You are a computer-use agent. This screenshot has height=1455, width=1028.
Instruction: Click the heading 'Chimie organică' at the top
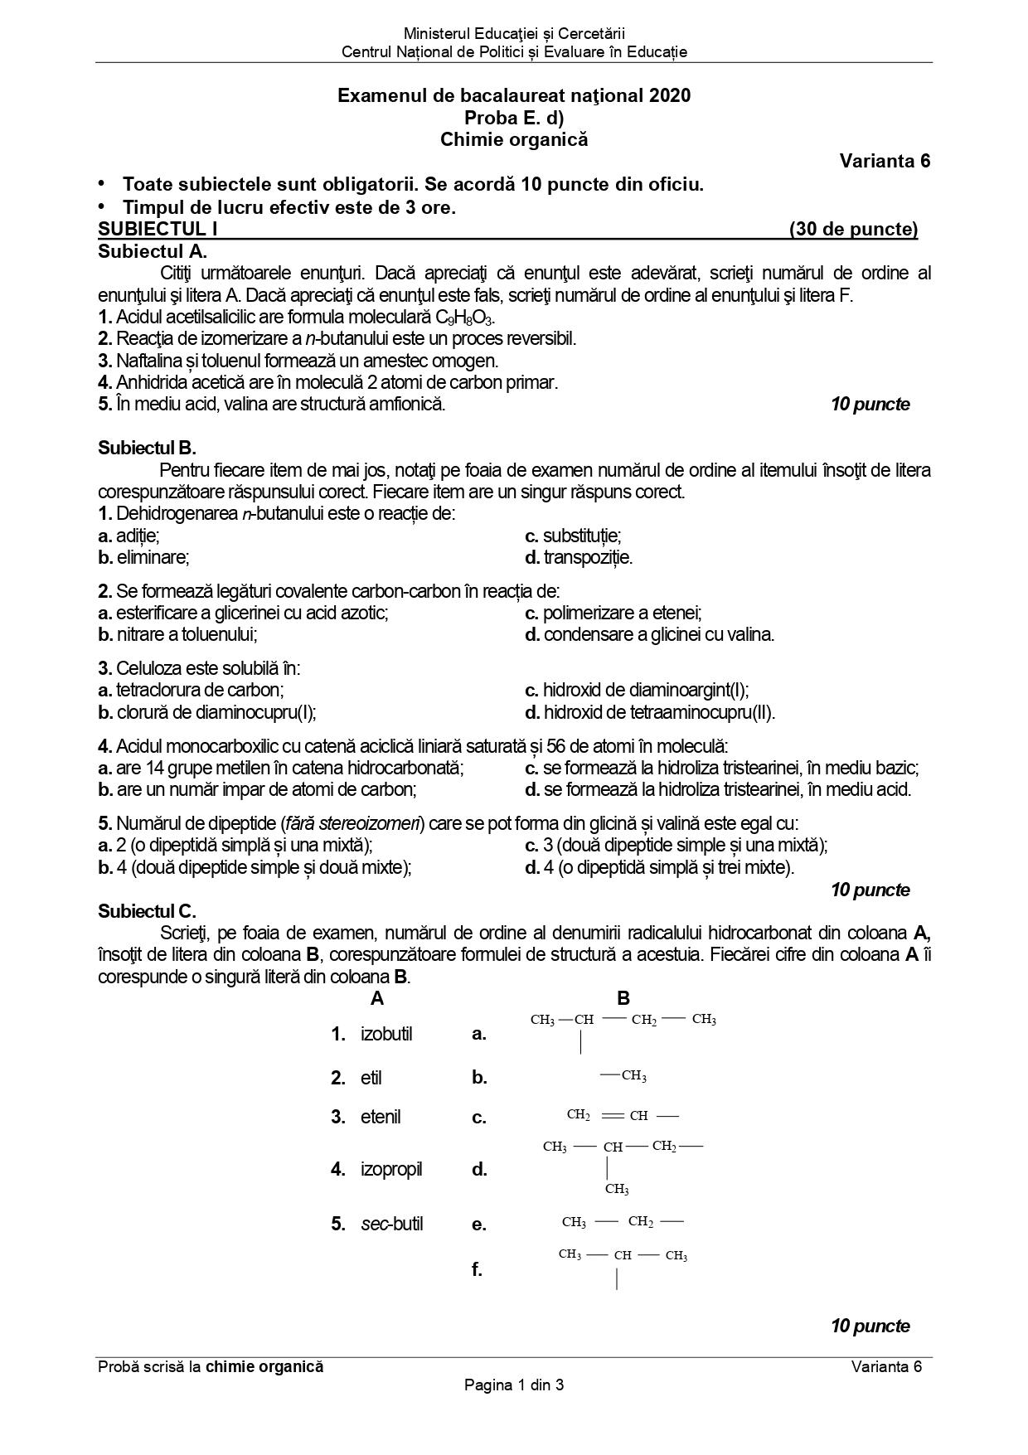click(513, 139)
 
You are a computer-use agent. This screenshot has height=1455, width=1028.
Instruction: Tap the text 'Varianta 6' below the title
click(884, 161)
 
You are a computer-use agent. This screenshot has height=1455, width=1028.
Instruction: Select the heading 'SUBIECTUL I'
click(158, 230)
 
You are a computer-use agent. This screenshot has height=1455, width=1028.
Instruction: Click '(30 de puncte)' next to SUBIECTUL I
click(853, 230)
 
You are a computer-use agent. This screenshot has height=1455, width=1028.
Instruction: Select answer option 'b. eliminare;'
click(143, 557)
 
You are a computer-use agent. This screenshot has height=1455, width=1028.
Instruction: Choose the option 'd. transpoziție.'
click(579, 557)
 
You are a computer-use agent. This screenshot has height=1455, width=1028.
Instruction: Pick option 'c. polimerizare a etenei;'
click(613, 613)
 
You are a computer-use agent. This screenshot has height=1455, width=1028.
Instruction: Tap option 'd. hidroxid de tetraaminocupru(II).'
click(650, 711)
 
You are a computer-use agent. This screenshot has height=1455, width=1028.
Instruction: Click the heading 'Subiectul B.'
click(147, 449)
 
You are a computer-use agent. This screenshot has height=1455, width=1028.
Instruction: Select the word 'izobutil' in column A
click(386, 1034)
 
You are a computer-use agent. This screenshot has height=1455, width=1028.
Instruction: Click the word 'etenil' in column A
click(381, 1117)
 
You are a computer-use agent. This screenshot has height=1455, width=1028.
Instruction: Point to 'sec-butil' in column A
click(391, 1224)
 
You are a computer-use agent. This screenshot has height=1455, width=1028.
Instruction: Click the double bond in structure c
click(612, 1116)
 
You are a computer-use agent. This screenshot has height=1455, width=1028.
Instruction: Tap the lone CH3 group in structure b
click(633, 1076)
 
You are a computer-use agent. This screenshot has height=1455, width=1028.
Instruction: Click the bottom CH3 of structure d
click(617, 1189)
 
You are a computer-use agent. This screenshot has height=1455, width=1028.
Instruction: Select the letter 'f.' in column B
click(477, 1268)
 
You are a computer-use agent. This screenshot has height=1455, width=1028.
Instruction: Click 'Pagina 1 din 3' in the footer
click(514, 1385)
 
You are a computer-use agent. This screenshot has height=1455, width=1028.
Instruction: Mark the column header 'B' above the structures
click(623, 998)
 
